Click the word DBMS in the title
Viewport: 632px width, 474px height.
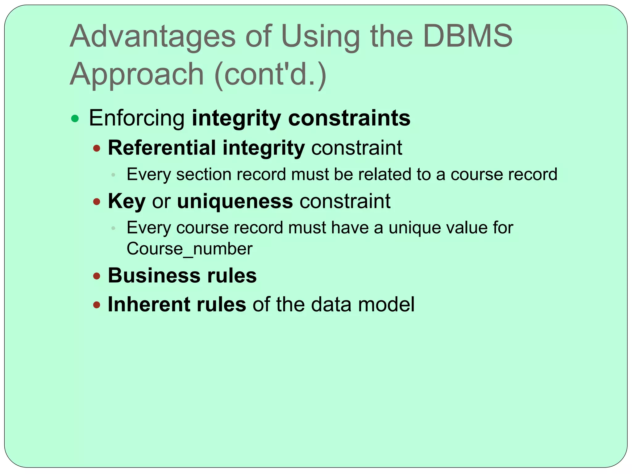[x=468, y=36]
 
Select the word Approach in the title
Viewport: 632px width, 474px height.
[x=137, y=74]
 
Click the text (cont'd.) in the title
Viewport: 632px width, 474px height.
[x=270, y=74]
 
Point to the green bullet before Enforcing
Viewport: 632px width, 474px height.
[x=75, y=118]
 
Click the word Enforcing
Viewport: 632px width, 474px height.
[x=137, y=118]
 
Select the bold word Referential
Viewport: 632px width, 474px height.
[x=162, y=148]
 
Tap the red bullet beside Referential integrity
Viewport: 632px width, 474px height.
[x=97, y=149]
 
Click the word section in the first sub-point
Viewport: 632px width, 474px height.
[x=204, y=174]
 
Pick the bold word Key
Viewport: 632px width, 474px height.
[x=127, y=202]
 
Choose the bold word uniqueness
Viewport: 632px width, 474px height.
[x=235, y=201]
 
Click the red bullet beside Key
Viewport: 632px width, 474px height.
[x=97, y=202]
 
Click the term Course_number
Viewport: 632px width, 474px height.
[x=189, y=249]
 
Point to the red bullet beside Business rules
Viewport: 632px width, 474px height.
[x=97, y=276]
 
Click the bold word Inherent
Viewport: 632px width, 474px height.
[x=148, y=305]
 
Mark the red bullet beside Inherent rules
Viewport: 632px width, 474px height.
[x=97, y=305]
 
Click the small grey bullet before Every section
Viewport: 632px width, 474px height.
[x=113, y=175]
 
